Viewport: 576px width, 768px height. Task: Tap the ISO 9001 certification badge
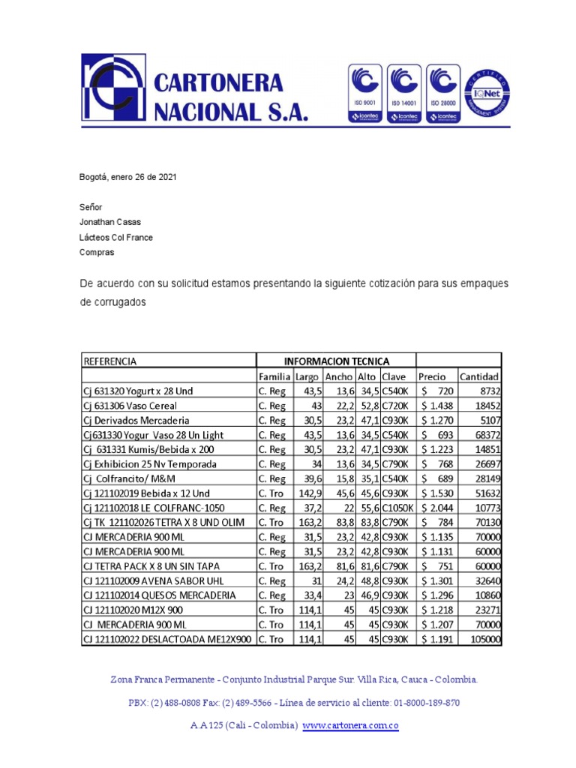[x=364, y=93]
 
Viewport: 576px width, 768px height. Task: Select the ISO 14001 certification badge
[x=404, y=93]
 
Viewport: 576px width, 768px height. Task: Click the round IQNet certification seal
[x=487, y=95]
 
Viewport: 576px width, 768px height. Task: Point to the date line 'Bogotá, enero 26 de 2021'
[x=128, y=178]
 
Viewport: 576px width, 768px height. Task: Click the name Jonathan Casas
[x=109, y=222]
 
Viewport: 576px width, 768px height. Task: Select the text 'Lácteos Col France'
[x=116, y=237]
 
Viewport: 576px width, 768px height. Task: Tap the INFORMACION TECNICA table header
[x=335, y=361]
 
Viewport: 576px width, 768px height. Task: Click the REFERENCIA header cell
[x=110, y=361]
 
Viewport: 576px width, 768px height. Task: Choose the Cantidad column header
[x=479, y=376]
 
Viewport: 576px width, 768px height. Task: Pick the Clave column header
[x=394, y=376]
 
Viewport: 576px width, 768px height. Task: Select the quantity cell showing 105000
[x=484, y=639]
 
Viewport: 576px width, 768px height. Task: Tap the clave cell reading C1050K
[x=397, y=508]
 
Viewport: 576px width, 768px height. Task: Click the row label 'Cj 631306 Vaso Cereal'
[x=130, y=406]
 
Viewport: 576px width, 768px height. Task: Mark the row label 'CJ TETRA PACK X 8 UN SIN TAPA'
[x=151, y=566]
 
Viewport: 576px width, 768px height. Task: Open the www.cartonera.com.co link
[x=349, y=725]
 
